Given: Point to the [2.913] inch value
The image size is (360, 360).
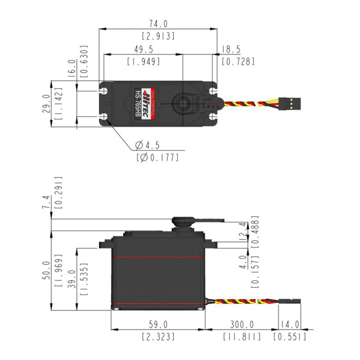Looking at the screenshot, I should (158, 36).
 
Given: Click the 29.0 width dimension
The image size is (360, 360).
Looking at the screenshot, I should (46, 104).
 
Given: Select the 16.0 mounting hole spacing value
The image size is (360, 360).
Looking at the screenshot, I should (71, 69).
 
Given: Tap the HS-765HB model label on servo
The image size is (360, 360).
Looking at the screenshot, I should (138, 104).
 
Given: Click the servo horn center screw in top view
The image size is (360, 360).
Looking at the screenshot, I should (182, 103).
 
